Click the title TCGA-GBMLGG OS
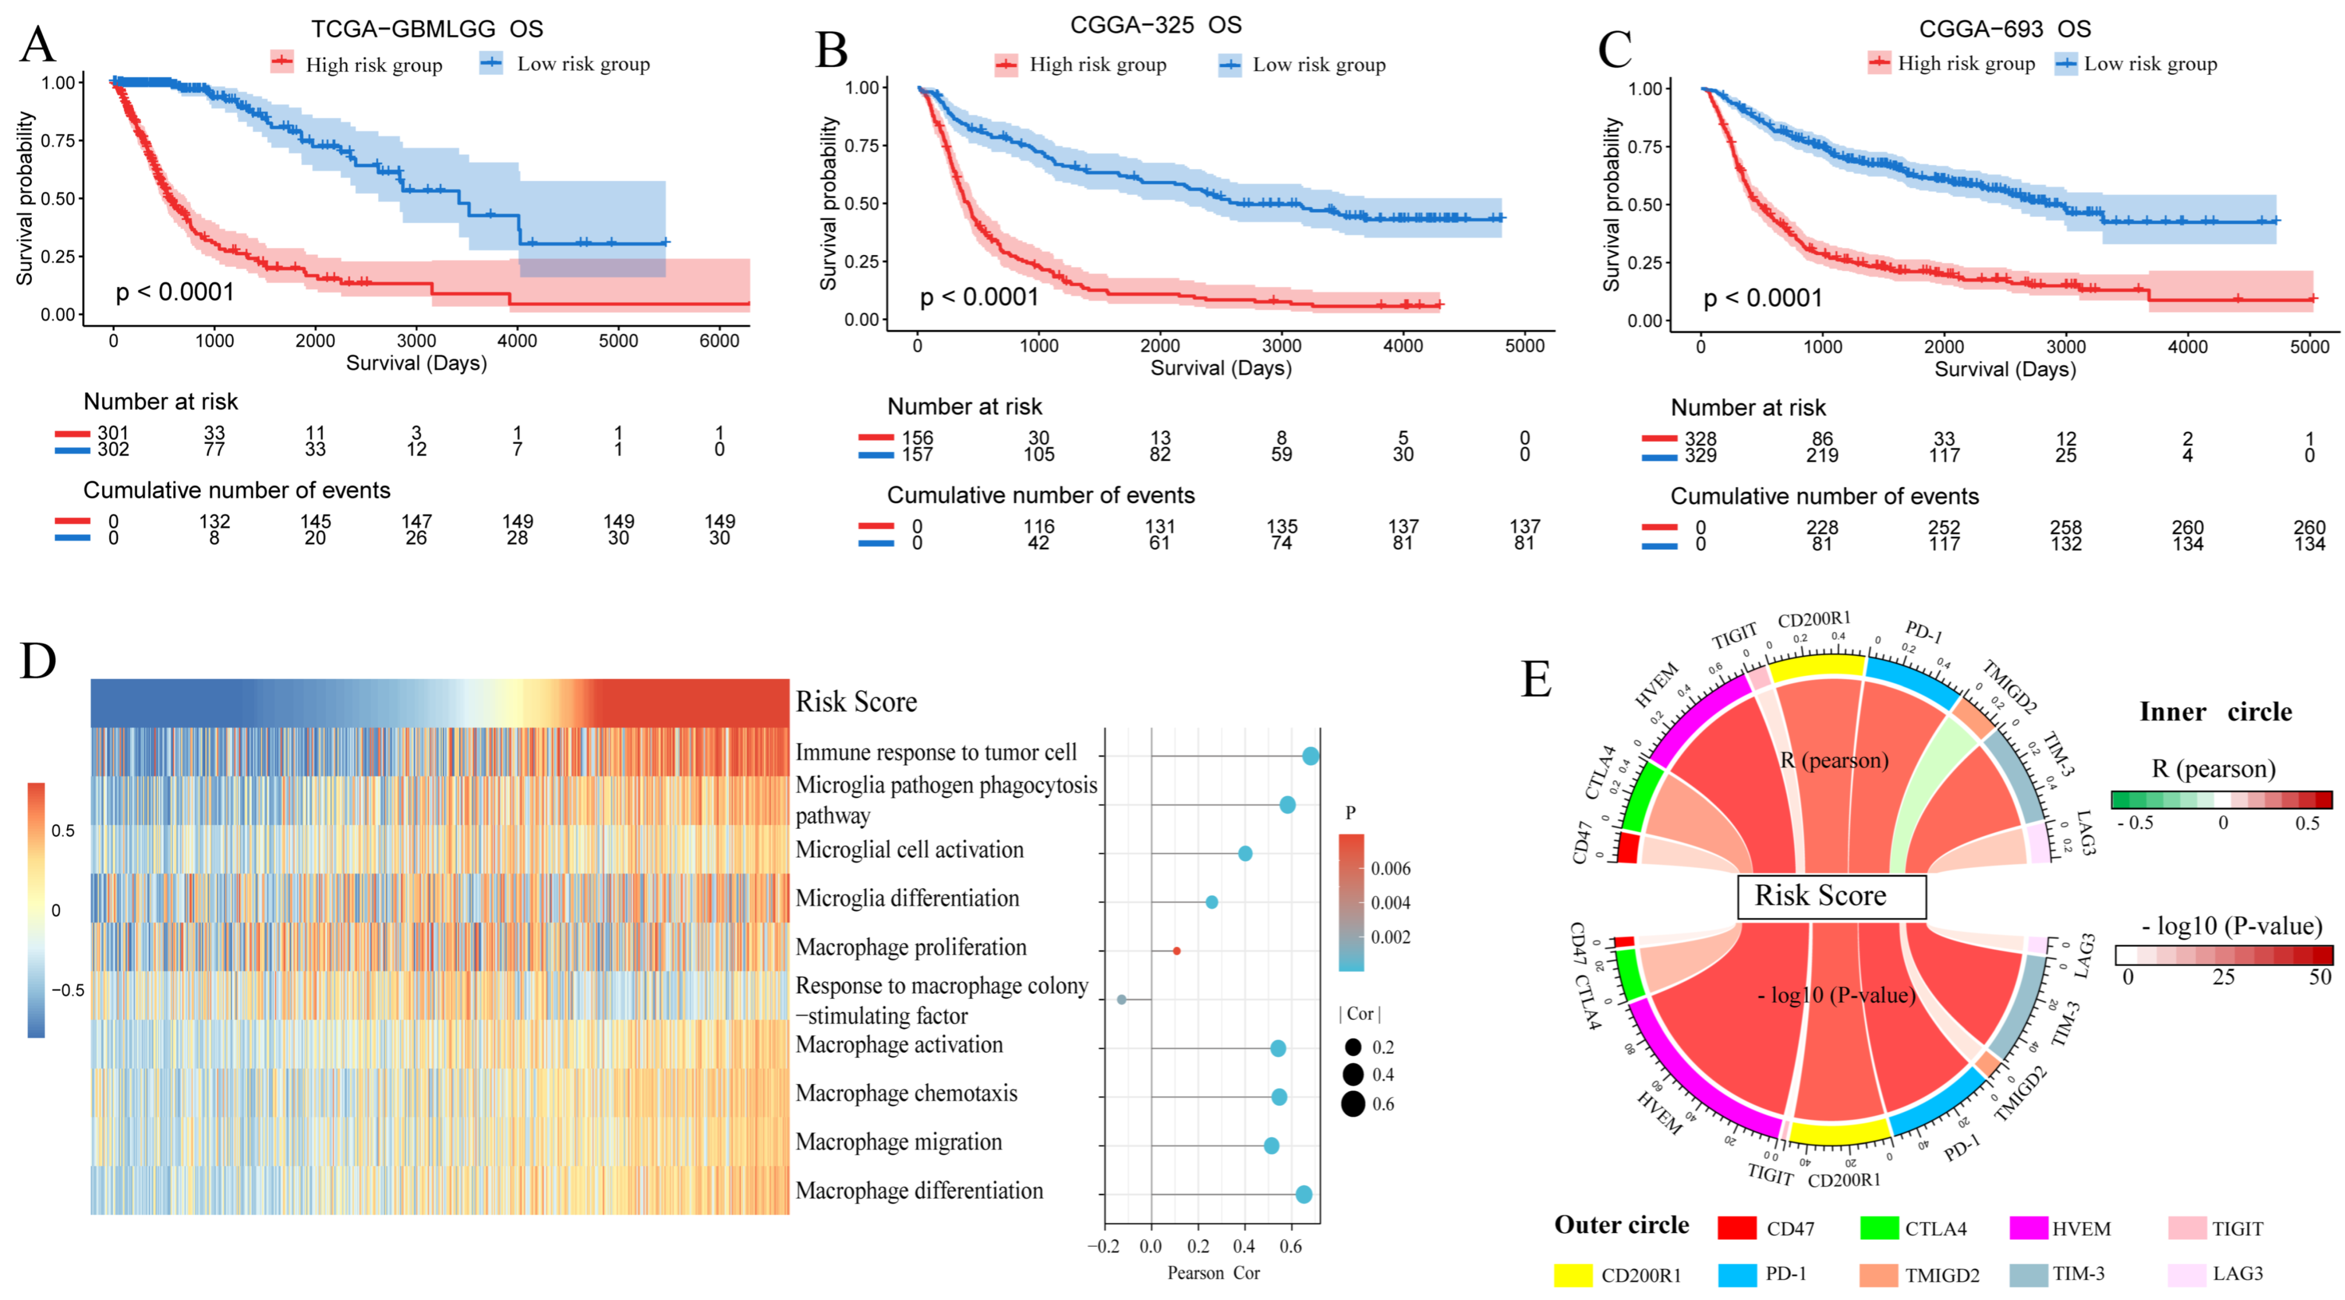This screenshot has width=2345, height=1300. coord(427,29)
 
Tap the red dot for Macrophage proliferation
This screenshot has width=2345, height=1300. coord(1176,951)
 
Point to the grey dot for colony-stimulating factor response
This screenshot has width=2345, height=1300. coord(1122,999)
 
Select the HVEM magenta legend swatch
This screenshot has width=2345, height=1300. coord(2028,1228)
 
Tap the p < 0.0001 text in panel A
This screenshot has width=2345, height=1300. coord(175,292)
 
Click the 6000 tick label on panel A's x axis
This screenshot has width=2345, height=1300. coord(719,340)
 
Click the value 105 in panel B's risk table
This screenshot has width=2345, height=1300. coord(1039,454)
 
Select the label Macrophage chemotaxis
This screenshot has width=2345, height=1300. coord(907,1093)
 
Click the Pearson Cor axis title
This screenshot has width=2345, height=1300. coord(1213,1272)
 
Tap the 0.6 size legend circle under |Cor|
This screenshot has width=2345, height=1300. coord(1353,1104)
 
